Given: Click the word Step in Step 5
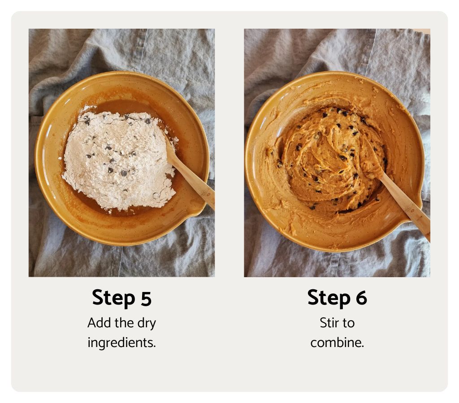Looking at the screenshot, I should tap(113, 298).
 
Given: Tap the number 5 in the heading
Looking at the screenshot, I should tap(146, 299).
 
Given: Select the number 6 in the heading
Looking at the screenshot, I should tap(361, 298).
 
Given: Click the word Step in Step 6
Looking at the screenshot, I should tap(329, 298).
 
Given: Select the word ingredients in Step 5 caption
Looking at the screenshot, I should tap(121, 343).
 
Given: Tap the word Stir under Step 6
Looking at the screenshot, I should tap(330, 323).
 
